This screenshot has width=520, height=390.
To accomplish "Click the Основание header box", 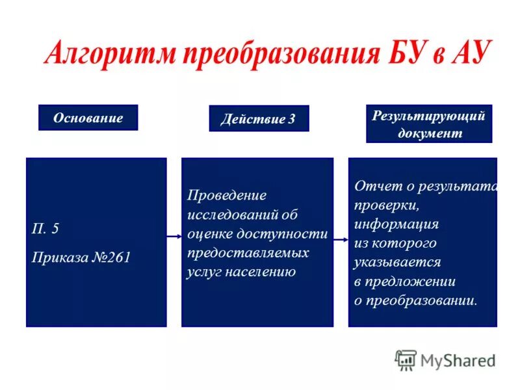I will point(88,118).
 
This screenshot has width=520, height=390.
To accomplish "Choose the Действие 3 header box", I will point(259,119).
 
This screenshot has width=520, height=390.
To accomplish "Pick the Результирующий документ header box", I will point(429,124).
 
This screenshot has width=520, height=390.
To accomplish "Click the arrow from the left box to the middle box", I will point(174,237).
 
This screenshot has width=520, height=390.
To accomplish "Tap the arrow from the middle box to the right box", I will point(341,239).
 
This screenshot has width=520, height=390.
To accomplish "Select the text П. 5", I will point(45,229).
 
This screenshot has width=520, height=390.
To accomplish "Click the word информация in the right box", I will point(396,224).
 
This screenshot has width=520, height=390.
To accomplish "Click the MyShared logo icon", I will point(406,359).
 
